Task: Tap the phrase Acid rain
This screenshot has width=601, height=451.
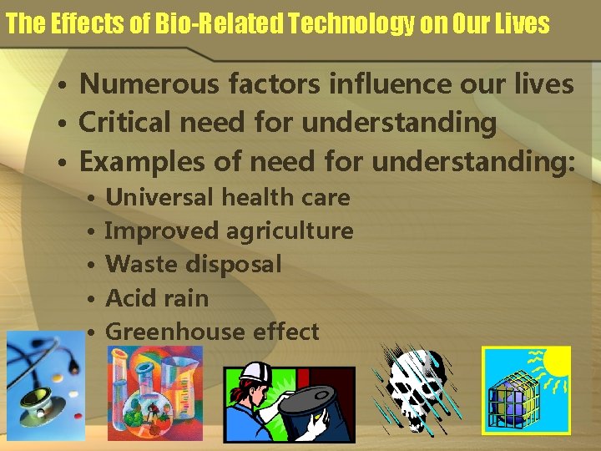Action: pyautogui.click(x=157, y=298)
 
